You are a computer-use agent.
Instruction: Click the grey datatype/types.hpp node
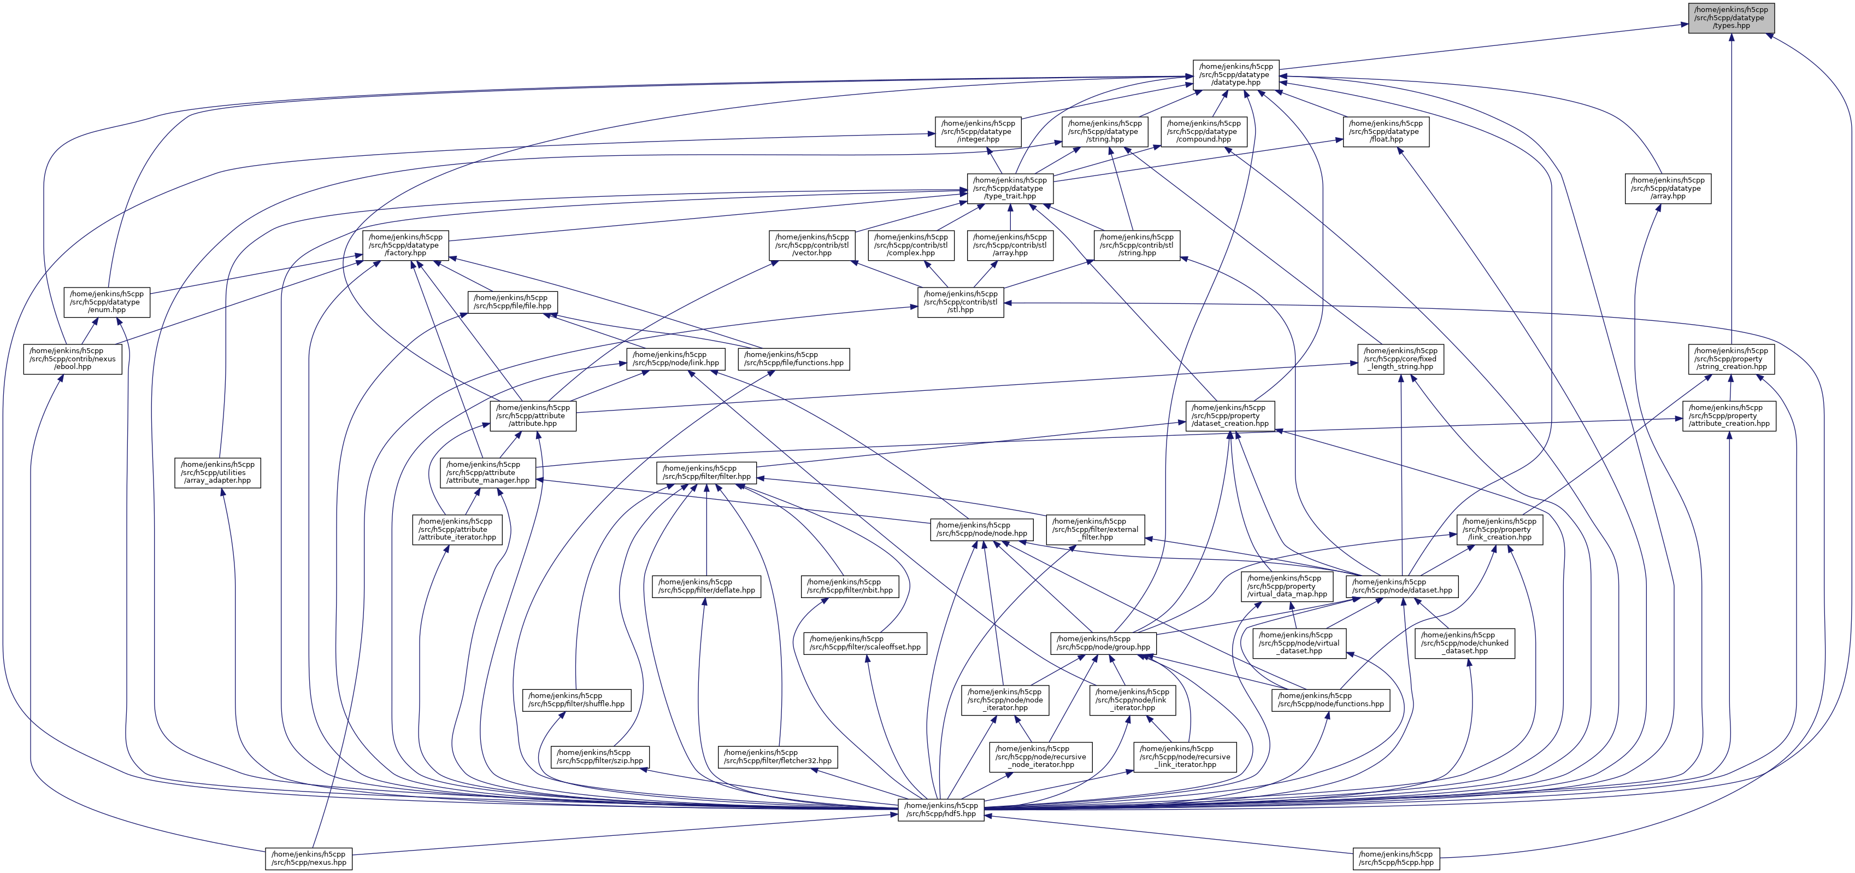(x=1731, y=18)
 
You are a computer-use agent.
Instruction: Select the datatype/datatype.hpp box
(x=1236, y=74)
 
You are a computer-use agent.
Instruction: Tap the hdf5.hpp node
(x=940, y=810)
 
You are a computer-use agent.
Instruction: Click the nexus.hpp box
(x=308, y=858)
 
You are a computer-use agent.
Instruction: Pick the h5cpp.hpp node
(x=1395, y=858)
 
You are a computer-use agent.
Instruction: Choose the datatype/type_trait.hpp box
(x=1010, y=188)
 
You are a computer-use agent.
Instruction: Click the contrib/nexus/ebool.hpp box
(x=73, y=359)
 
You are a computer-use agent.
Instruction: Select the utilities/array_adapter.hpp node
(x=217, y=472)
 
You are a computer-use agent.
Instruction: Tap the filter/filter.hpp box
(x=706, y=472)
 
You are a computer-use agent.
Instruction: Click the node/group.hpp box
(x=1103, y=642)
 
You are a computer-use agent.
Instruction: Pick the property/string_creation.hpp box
(x=1730, y=359)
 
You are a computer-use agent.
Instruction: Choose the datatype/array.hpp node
(x=1667, y=188)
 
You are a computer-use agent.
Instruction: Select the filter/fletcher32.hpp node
(x=778, y=757)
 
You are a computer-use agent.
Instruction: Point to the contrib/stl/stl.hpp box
(x=961, y=302)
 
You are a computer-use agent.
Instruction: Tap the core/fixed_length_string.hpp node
(x=1400, y=359)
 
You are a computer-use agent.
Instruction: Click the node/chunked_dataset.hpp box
(x=1465, y=642)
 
